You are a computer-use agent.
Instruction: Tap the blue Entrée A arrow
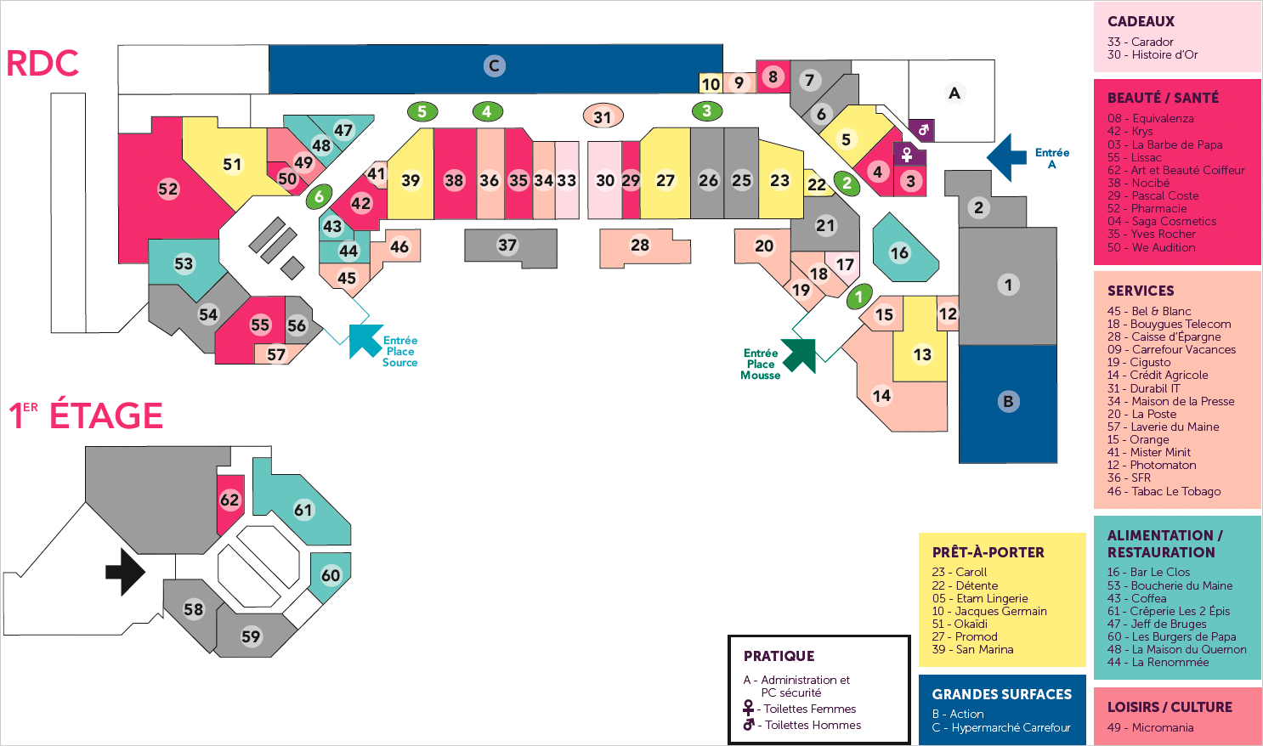[x=1008, y=157]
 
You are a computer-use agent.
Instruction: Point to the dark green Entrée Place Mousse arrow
[x=800, y=354]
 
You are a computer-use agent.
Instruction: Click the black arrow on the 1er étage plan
[x=125, y=571]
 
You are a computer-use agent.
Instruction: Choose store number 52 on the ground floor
[x=168, y=189]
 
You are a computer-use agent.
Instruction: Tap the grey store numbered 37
[x=507, y=246]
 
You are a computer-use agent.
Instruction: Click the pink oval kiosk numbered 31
[x=603, y=116]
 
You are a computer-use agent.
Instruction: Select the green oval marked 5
[x=422, y=111]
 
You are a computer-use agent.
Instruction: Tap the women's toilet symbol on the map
[x=908, y=155]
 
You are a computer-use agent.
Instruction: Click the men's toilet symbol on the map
[x=922, y=129]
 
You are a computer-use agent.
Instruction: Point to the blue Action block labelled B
[x=1008, y=402]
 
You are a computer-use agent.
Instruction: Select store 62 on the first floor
[x=229, y=500]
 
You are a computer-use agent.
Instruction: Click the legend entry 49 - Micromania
[x=1150, y=727]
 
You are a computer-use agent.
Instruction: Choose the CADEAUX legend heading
[x=1141, y=22]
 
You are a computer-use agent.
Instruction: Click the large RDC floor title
[x=42, y=64]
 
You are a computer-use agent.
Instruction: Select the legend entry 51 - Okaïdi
[x=960, y=624]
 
